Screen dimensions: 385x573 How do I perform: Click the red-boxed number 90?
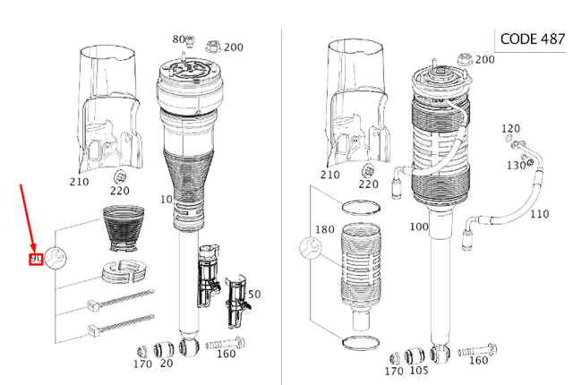[x=36, y=260]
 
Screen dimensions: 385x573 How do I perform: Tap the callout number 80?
[x=179, y=39]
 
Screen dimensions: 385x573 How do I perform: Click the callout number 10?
[x=166, y=198]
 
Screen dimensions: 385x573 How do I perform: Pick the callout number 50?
[x=254, y=295]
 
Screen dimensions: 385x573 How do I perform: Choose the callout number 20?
[x=167, y=364]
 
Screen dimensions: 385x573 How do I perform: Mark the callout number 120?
[x=510, y=129]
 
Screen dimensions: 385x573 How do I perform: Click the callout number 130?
[x=517, y=166]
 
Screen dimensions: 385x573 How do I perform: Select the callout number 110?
[x=539, y=215]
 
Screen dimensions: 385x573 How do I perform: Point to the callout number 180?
[x=325, y=230]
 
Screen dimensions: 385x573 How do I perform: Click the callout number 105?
[x=419, y=371]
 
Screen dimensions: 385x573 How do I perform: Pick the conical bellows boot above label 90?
[x=124, y=230]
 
